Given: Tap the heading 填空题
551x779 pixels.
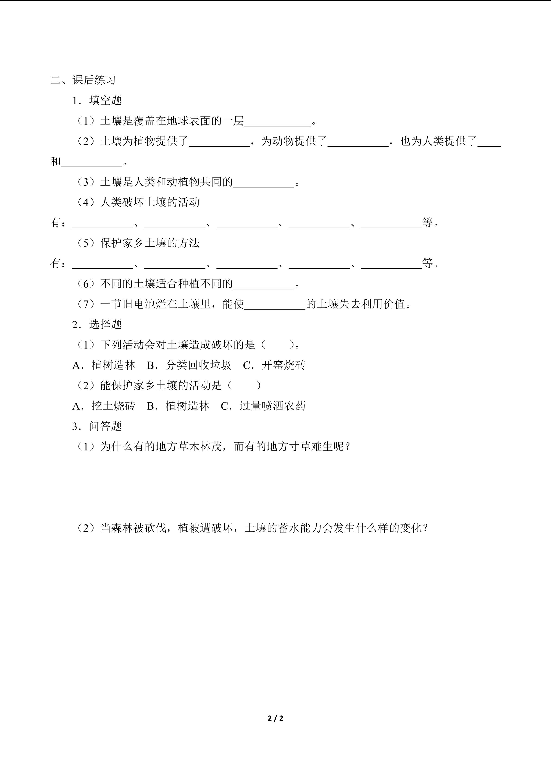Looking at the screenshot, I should point(105,100).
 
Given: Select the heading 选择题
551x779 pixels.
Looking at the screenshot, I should point(105,324).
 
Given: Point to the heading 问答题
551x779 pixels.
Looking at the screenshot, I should point(105,426).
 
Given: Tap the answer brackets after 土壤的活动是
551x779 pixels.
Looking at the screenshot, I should point(244,385).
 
